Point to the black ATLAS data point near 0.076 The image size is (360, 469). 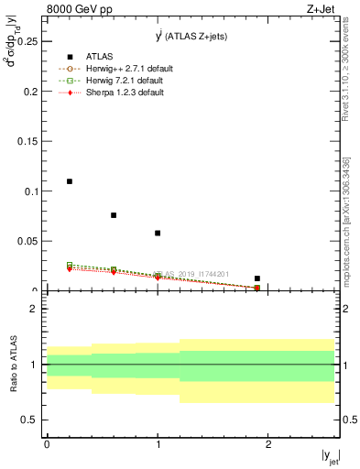tap(114, 215)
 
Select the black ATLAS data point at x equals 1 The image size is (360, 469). tap(158, 234)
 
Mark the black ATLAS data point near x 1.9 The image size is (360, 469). tap(257, 278)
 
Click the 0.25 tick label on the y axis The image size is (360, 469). tap(28, 42)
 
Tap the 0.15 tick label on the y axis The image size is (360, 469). tap(28, 142)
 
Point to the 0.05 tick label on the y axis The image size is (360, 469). tap(28, 241)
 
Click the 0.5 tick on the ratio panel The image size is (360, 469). tap(31, 420)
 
